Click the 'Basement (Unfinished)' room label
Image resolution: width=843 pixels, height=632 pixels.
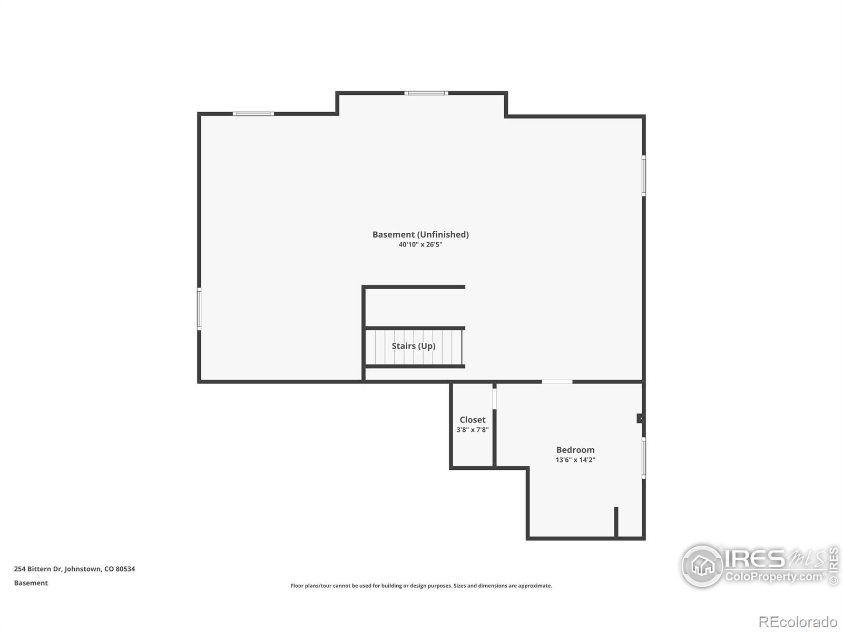420,234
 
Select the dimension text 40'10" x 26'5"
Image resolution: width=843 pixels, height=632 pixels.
420,245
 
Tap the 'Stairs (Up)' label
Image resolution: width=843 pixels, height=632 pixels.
414,346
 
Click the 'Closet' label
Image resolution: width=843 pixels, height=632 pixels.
473,420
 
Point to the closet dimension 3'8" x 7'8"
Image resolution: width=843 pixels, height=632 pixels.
473,430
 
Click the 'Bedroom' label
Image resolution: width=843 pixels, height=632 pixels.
575,450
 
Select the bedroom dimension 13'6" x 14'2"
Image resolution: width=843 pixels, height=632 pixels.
575,460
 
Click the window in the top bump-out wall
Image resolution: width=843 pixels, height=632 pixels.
426,93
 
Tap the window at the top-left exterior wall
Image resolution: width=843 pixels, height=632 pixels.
253,114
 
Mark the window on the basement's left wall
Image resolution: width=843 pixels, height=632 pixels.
199,309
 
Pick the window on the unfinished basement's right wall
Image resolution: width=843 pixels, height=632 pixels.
643,175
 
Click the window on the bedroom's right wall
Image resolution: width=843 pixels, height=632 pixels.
643,458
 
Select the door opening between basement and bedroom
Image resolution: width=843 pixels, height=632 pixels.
557,381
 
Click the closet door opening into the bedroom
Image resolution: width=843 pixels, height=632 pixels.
494,398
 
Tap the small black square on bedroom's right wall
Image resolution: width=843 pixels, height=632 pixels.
640,418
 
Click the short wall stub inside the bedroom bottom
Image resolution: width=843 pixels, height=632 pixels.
616,521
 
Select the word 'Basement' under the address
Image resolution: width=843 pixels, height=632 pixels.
31,583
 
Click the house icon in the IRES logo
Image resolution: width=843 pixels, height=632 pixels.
702,566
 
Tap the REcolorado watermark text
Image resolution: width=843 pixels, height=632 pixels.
798,622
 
